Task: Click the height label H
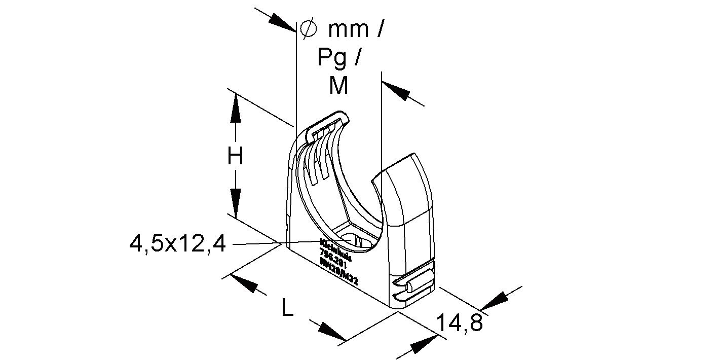pos(235,157)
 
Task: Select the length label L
pos(287,308)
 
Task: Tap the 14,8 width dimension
pos(459,323)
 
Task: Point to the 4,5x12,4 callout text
pos(177,244)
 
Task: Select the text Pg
pos(332,57)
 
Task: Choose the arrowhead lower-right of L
pos(332,332)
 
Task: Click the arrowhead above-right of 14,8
pos(494,300)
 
